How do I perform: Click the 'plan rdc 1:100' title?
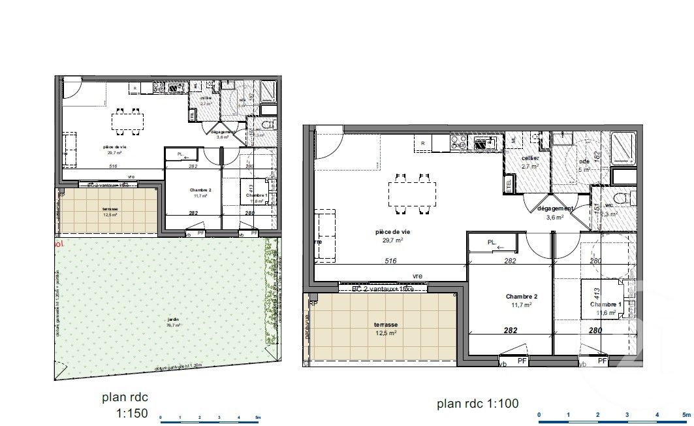477,404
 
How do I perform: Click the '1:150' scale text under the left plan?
132,413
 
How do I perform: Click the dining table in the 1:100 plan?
412,193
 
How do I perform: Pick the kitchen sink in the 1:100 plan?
484,143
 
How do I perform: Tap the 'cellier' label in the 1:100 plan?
529,159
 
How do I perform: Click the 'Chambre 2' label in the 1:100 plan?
520,296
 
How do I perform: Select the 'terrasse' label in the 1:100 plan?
386,324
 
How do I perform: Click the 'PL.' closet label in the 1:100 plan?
494,242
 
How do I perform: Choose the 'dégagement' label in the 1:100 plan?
554,209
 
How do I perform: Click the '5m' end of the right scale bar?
685,414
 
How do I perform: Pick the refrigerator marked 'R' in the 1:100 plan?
423,143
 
